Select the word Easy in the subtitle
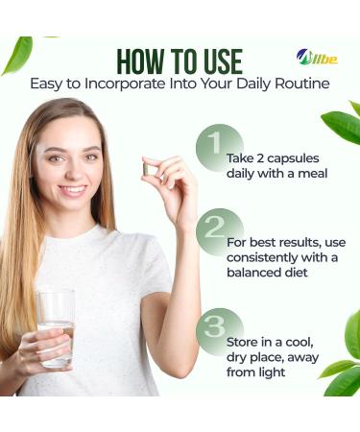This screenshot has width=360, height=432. coord(51,84)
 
